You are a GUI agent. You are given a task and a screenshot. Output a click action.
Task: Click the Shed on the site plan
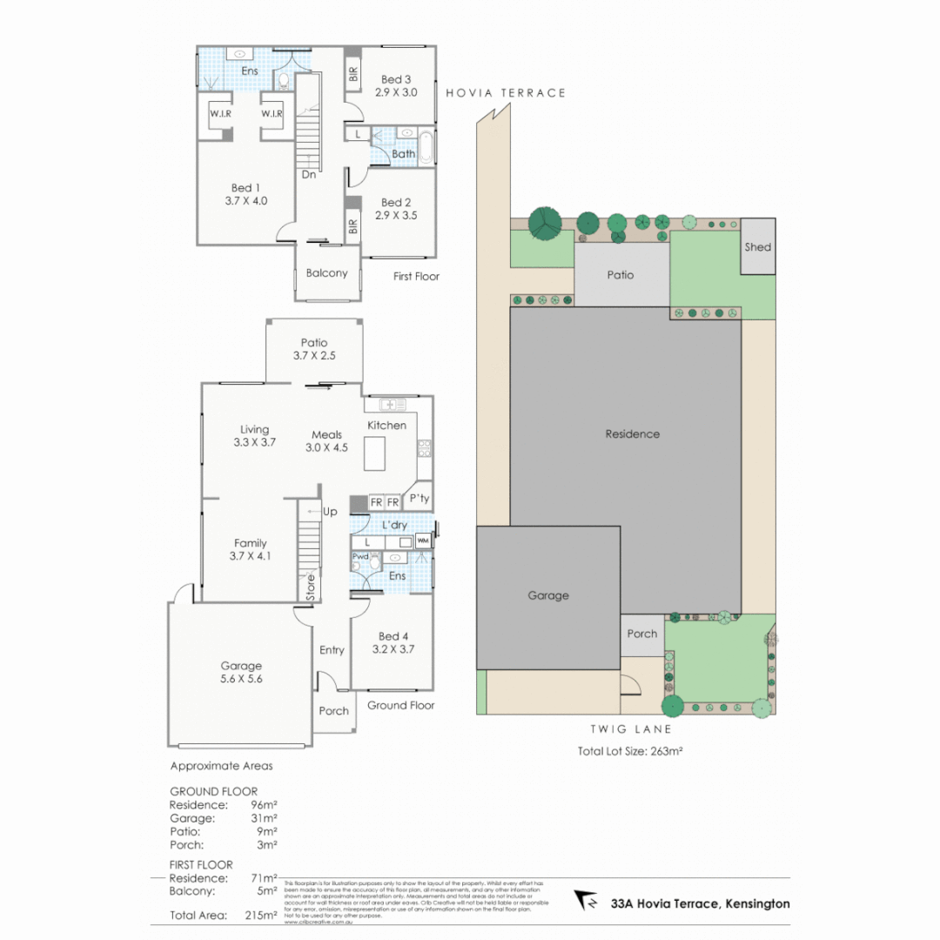point(757,246)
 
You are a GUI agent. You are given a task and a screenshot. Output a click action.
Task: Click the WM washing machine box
point(423,541)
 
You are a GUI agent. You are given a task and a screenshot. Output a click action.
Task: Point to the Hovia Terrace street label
point(506,93)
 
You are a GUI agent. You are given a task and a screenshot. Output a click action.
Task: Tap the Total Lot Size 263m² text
point(629,751)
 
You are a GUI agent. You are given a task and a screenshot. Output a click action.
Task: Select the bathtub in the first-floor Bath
point(426,146)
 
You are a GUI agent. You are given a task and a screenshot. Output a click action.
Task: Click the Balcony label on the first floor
point(326,273)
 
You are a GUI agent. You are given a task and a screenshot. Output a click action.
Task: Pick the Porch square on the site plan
point(642,634)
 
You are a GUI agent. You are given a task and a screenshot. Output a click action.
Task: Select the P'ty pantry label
point(420,499)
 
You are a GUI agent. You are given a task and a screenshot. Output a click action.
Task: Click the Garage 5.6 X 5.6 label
point(240,672)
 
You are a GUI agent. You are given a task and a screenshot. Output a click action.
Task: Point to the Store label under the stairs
point(309,587)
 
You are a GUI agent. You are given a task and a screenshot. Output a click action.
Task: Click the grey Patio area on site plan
point(621,275)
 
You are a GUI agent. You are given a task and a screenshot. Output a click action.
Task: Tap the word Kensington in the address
point(757,903)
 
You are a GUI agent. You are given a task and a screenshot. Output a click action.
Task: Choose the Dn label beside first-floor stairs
point(308,174)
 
